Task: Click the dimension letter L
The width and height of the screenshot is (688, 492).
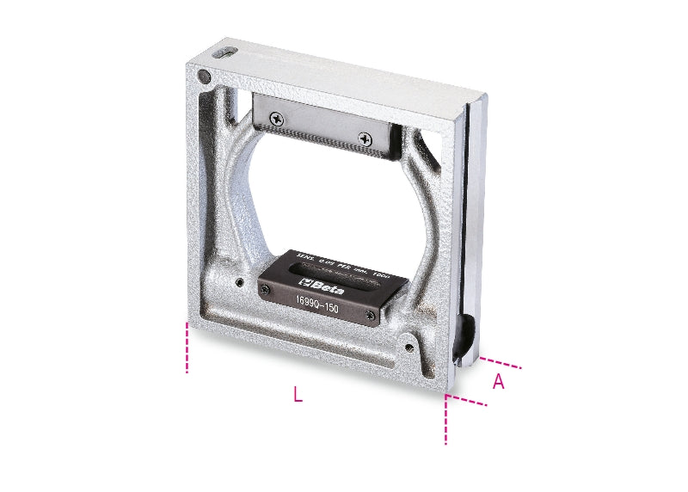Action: tap(298, 395)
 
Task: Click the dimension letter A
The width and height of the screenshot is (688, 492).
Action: tap(498, 383)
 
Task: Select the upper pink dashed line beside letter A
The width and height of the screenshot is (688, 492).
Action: tap(501, 362)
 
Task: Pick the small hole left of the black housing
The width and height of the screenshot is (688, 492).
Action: tap(237, 280)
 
